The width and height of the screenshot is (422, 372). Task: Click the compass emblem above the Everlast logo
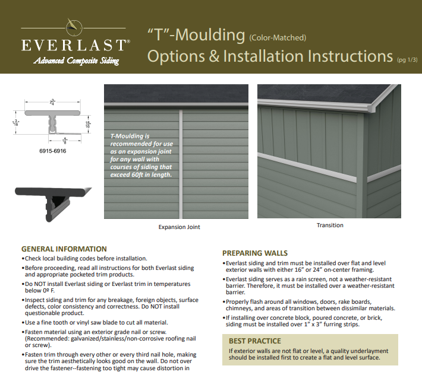(74, 27)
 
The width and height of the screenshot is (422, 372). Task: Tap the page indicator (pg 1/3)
(407, 60)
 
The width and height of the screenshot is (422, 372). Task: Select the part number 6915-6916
(53, 151)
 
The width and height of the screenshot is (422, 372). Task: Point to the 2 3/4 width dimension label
(52, 102)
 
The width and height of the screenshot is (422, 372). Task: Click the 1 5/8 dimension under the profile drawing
(65, 141)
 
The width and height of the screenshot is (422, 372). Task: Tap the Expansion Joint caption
(179, 227)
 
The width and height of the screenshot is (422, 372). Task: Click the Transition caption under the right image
(330, 225)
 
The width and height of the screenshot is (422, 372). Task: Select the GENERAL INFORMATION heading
(64, 249)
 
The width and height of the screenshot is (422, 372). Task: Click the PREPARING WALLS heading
(255, 253)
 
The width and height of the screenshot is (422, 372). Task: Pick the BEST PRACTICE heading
(255, 341)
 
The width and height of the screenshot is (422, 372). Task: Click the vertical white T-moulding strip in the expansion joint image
(181, 164)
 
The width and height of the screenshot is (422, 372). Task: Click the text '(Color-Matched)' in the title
(278, 37)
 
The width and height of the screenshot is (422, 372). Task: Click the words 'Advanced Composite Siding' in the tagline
(76, 61)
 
